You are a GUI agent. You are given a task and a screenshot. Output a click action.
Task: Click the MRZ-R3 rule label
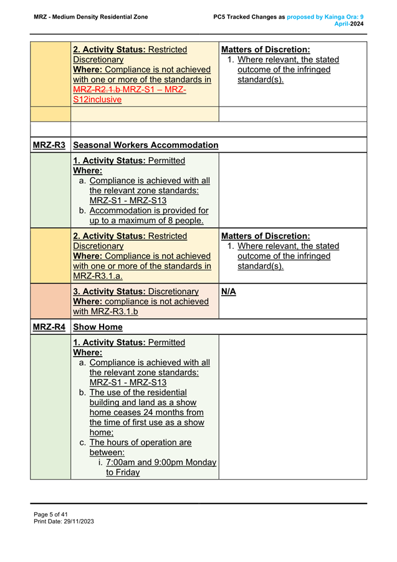tap(49, 145)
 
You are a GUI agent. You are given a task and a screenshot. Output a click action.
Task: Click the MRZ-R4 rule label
tap(49, 327)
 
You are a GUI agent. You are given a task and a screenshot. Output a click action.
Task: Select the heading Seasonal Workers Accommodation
tap(146, 145)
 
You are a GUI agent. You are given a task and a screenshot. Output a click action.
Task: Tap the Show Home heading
tap(98, 327)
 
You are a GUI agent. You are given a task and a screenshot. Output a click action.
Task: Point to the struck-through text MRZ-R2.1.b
tap(97, 89)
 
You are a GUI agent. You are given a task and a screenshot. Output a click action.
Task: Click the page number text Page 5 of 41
tap(50, 514)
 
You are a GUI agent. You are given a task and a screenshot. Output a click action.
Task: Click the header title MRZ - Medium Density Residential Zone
tap(91, 17)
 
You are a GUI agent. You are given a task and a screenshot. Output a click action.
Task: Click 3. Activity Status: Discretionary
tap(136, 291)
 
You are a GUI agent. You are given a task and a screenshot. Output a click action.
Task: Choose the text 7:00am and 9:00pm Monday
tap(161, 462)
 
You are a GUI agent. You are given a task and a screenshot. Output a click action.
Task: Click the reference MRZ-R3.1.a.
tap(98, 276)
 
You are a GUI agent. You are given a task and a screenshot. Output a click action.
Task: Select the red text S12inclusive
tap(97, 99)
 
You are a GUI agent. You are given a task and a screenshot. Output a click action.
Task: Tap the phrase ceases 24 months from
tap(146, 412)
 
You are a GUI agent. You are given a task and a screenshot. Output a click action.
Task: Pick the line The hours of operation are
tap(140, 442)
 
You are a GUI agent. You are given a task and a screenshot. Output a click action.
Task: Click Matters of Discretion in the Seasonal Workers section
tap(265, 236)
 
